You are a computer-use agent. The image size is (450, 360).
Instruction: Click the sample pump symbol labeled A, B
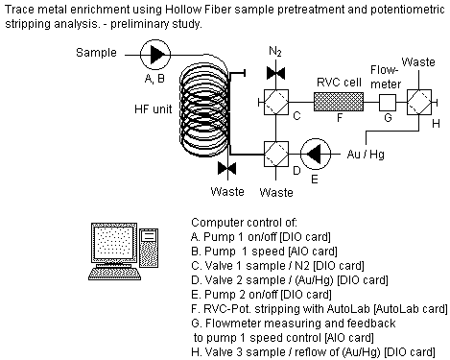tap(155, 55)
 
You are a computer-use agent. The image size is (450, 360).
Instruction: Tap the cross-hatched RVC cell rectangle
tap(339, 102)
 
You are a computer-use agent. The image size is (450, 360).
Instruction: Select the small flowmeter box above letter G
tap(388, 103)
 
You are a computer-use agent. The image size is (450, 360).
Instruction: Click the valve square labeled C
tap(276, 102)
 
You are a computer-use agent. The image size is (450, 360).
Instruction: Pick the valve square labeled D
tap(276, 155)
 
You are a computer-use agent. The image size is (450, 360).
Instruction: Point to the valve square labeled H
tap(419, 103)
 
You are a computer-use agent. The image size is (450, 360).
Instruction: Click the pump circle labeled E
tap(316, 155)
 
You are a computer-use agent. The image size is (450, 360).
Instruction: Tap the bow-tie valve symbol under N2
tap(275, 73)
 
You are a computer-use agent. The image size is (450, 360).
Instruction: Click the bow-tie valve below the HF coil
tap(227, 168)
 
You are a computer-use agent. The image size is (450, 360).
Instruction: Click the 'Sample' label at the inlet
tap(96, 53)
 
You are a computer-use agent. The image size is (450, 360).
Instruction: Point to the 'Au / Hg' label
tap(366, 155)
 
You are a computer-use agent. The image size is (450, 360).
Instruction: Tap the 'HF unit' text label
tap(153, 109)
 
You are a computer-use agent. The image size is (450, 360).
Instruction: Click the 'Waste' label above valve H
tap(418, 61)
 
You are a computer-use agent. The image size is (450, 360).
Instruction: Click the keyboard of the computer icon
tap(114, 274)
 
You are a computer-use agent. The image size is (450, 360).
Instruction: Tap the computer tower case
tap(149, 248)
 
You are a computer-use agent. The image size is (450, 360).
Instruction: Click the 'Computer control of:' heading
tap(244, 223)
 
